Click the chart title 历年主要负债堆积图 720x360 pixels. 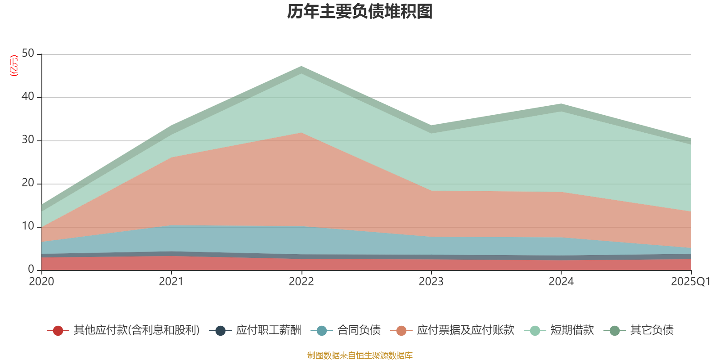click(360, 12)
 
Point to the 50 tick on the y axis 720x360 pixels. click(28, 54)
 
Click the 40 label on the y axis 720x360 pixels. click(28, 96)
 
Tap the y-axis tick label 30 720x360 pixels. click(28, 140)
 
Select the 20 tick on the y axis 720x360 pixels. click(28, 183)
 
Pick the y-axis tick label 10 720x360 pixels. click(28, 226)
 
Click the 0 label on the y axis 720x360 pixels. click(31, 269)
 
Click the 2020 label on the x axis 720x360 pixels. click(41, 282)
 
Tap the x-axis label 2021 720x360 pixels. click(171, 282)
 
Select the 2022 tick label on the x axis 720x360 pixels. click(301, 282)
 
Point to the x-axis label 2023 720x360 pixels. click(431, 282)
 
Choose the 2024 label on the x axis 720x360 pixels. click(561, 282)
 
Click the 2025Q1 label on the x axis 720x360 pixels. click(690, 282)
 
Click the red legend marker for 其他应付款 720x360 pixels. click(58, 331)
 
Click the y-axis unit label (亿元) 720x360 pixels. click(14, 66)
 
